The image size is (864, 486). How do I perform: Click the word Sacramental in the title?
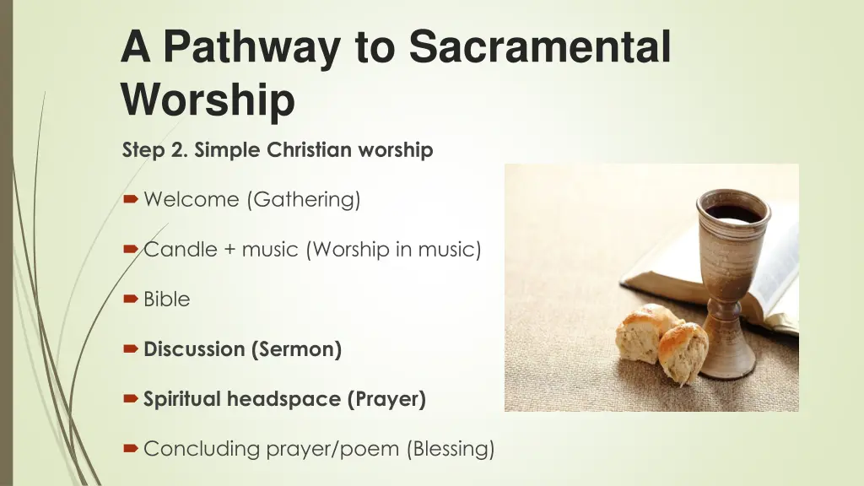[540, 46]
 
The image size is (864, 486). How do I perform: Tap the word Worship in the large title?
[208, 100]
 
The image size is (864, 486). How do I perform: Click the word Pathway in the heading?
[255, 46]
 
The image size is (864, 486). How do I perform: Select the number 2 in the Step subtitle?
[181, 150]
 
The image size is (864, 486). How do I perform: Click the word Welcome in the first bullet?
[192, 200]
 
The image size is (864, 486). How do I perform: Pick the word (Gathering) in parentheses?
[303, 200]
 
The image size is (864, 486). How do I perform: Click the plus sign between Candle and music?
[230, 250]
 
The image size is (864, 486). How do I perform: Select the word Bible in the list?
[167, 300]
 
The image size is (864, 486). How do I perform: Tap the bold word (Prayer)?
[386, 399]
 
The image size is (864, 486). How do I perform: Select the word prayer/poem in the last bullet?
[332, 449]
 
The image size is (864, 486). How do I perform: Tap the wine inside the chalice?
[732, 213]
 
